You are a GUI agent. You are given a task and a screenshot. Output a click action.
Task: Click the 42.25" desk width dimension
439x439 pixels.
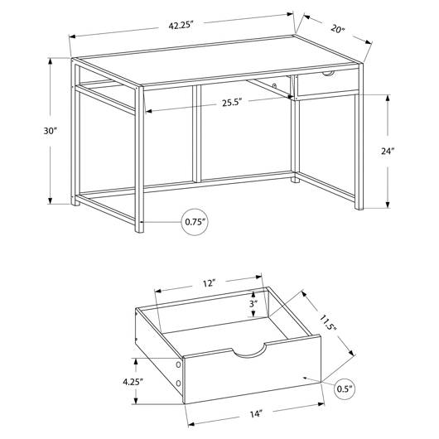coord(181,25)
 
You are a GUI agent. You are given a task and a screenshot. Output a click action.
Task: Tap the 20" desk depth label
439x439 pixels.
coord(338,28)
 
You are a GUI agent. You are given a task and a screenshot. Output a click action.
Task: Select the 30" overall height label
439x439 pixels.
coord(51,131)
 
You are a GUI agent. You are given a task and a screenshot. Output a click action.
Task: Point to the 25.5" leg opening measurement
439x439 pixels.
coord(232,103)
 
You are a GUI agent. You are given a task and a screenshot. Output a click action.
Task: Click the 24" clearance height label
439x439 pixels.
coord(388,151)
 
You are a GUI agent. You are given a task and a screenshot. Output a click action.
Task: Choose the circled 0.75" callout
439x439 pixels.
coord(195,222)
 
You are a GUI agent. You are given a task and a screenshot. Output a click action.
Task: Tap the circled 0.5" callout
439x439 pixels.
coord(345,388)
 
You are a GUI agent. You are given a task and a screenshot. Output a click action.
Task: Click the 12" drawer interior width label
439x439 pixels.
coord(209,283)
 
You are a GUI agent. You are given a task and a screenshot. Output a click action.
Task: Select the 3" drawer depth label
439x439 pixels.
coord(253,303)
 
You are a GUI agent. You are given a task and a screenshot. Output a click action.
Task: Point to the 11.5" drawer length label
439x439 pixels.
coord(328,322)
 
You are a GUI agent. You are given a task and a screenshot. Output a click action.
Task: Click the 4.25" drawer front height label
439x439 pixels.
coord(133,381)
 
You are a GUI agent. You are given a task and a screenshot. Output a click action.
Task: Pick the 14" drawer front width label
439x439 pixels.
coord(256,414)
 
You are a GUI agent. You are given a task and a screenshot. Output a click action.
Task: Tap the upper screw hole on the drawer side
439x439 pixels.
coord(178,364)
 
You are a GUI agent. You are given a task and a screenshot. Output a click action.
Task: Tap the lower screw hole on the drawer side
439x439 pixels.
coord(178,383)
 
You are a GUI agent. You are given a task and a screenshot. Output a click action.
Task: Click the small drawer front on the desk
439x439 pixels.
coord(327,81)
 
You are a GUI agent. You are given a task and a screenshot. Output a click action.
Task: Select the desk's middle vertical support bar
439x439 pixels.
coord(197,134)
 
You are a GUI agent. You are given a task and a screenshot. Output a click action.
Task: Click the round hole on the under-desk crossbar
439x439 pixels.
coord(275,85)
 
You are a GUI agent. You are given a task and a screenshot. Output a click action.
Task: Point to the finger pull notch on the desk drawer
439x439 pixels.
coord(328,74)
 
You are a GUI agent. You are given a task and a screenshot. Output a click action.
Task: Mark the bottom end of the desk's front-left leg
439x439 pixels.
coord(139,231)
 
